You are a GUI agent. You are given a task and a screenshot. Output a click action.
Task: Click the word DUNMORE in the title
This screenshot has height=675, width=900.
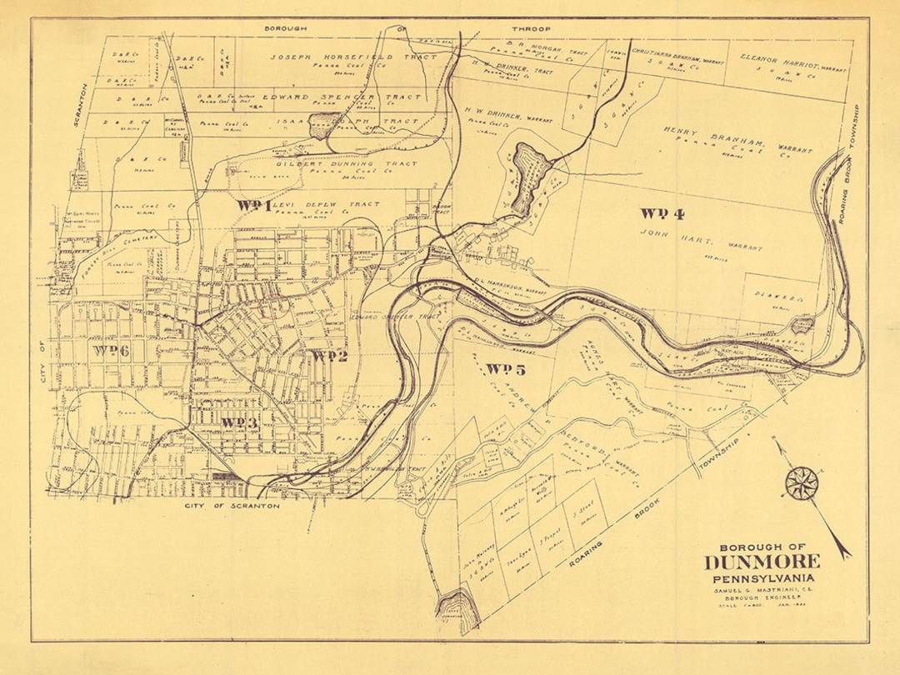[x=762, y=562]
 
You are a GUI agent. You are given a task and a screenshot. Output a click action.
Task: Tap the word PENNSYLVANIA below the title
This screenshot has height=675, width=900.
[x=762, y=578]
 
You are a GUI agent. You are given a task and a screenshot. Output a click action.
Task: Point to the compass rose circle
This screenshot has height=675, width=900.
[x=802, y=484]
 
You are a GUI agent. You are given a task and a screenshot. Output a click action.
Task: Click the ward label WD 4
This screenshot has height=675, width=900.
[x=663, y=213]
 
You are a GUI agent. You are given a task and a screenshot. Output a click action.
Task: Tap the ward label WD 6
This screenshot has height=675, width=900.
[x=112, y=350]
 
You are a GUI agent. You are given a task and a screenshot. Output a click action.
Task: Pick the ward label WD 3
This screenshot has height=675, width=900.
[x=239, y=422]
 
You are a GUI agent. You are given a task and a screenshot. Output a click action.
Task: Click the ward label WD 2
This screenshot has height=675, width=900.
[x=329, y=356]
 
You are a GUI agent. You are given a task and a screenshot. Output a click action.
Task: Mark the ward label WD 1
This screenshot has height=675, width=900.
[x=254, y=205]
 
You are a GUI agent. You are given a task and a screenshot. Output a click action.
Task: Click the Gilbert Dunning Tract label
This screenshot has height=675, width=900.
[x=335, y=165]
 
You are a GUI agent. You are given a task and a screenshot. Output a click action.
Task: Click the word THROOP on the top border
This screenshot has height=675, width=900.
[x=532, y=29]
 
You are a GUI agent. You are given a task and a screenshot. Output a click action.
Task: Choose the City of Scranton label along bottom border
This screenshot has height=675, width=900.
[x=232, y=506]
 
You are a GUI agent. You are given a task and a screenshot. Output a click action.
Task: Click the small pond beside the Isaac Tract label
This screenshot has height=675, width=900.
[x=320, y=126]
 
